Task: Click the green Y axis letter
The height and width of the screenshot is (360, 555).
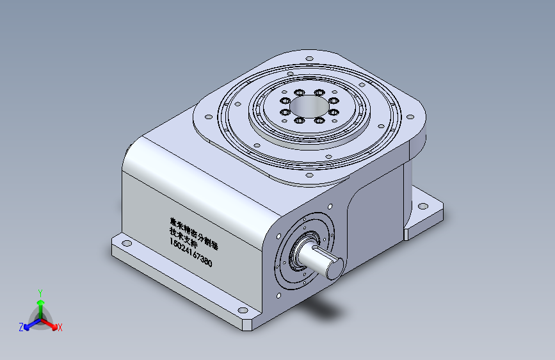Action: pos(40,291)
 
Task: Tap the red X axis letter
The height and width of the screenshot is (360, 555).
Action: pos(60,328)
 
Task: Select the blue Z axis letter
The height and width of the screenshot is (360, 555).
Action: pos(21,327)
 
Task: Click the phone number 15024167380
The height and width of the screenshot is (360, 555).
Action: pos(190,252)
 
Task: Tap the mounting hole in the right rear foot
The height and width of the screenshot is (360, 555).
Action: pos(422,206)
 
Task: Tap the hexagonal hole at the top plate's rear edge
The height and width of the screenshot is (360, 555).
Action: pos(309,60)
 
